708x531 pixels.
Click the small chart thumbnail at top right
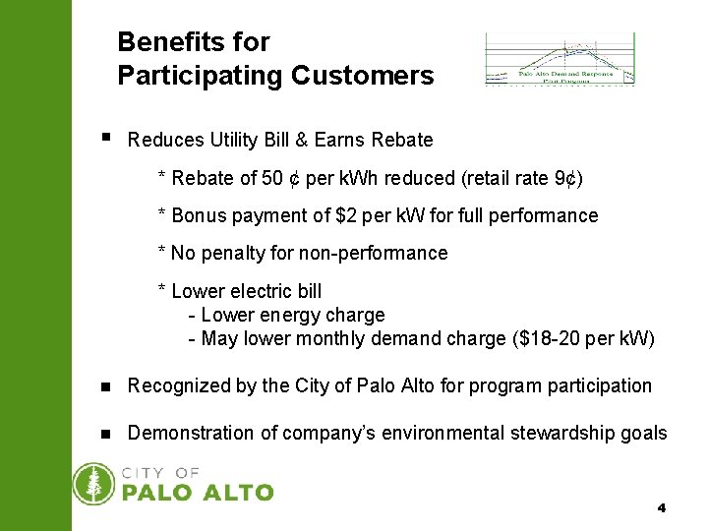(560, 59)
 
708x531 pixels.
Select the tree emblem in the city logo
(95, 484)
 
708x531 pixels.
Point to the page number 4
(662, 508)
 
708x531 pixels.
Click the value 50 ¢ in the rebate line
(281, 178)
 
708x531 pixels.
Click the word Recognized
(180, 385)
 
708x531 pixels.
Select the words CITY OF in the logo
(160, 473)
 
